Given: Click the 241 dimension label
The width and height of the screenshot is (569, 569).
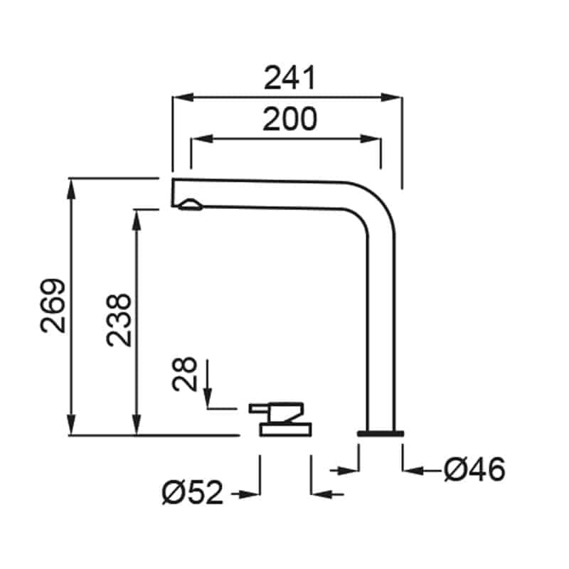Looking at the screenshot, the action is coord(290,78).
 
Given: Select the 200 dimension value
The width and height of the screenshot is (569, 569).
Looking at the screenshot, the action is coord(290,119).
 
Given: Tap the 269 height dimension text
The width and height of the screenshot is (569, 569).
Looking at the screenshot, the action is coord(53,306).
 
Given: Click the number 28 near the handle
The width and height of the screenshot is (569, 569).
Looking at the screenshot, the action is coord(184,374).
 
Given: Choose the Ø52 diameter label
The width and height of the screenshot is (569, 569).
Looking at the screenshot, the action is coord(192,492).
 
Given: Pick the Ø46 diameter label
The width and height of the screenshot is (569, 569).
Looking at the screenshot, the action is coord(474,469).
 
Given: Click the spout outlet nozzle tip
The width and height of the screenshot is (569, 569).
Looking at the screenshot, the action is coord(190,205).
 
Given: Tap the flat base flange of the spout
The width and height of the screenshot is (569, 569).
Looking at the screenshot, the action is coord(381,433).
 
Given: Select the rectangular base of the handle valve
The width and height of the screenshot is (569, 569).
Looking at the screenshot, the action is coord(285,430).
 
